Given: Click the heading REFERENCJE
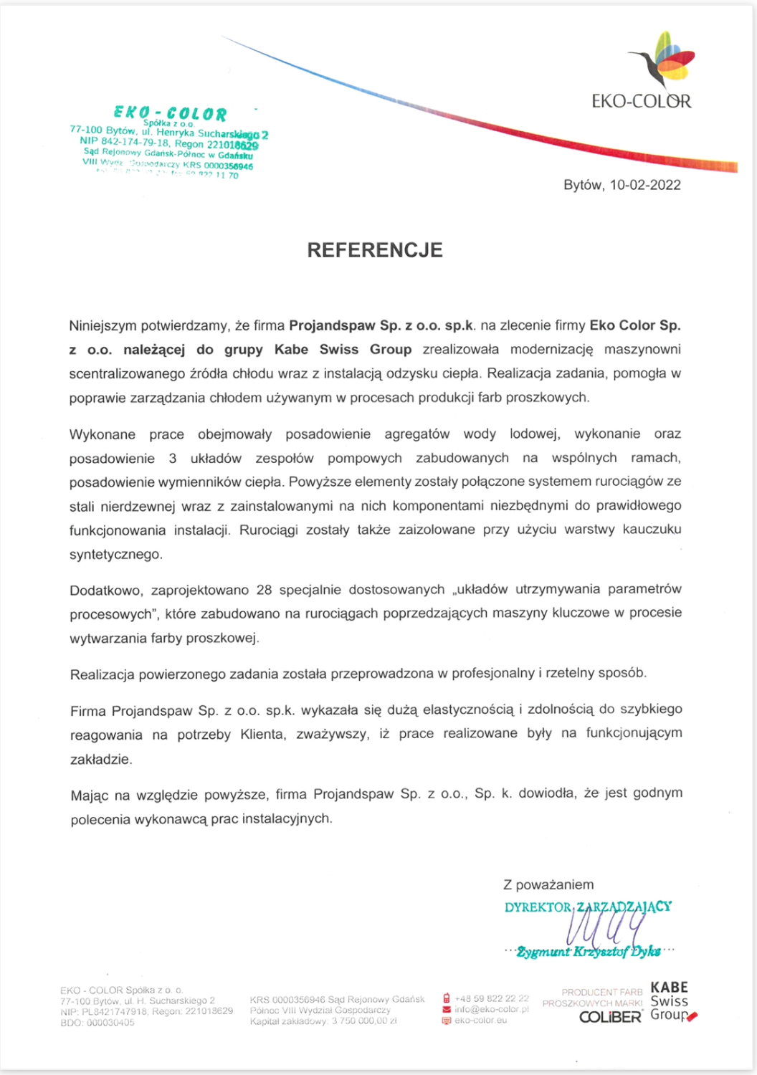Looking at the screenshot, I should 375,250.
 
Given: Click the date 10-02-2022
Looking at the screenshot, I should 644,185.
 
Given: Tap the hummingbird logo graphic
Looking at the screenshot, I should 662,61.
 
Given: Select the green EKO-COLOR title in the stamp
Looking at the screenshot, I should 170,113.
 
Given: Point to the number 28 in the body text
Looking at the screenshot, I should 264,590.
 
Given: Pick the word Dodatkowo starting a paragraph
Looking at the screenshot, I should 106,591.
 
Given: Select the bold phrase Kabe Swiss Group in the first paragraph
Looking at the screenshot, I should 343,350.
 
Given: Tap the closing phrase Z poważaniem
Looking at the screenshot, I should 548,885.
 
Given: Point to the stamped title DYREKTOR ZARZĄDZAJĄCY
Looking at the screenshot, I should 588,907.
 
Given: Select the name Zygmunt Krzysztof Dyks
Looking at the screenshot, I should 589,952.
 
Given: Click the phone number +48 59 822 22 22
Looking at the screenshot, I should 492,998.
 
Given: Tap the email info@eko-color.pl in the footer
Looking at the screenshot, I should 492,1009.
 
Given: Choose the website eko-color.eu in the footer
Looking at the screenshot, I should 480,1020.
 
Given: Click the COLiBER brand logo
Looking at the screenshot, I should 610,1017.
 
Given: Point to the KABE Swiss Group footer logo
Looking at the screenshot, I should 671,1001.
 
